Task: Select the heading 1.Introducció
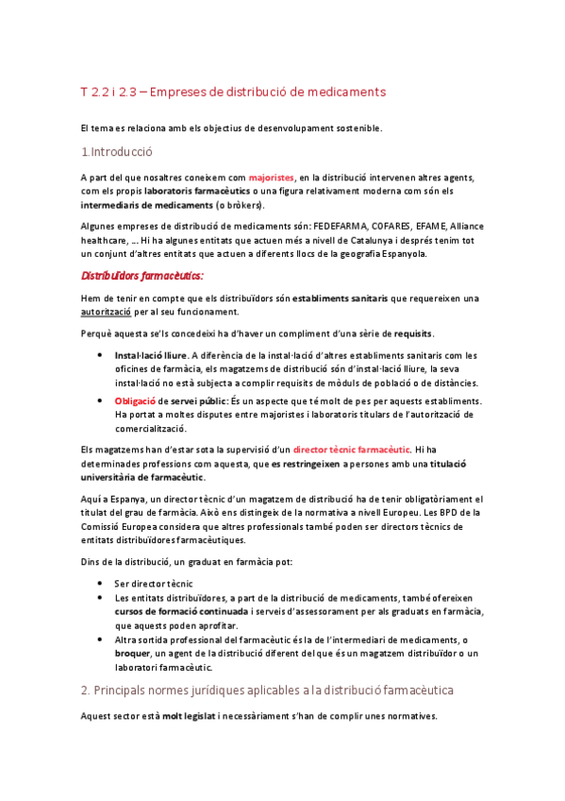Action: click(117, 151)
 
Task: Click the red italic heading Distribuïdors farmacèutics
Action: click(141, 276)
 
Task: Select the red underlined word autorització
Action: click(107, 312)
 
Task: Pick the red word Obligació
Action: click(135, 400)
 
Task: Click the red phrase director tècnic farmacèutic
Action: click(352, 450)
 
